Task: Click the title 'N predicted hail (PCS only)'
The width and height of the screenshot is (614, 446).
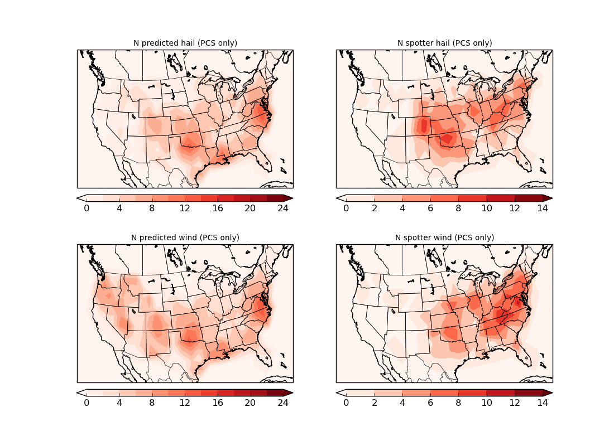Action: click(x=185, y=43)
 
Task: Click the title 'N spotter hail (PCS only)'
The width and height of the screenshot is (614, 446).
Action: click(x=444, y=43)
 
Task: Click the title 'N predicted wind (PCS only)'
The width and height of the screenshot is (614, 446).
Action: click(x=185, y=237)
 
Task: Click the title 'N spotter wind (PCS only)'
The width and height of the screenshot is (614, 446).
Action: click(x=444, y=237)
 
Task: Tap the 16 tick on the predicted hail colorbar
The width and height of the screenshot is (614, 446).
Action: click(x=218, y=208)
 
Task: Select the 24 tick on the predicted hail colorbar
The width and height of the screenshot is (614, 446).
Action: click(x=283, y=208)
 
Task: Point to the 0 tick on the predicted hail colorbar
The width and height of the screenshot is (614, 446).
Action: click(x=87, y=208)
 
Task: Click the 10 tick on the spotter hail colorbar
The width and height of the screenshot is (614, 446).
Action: click(x=486, y=208)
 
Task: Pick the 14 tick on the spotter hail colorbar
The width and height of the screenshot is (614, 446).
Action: click(x=543, y=208)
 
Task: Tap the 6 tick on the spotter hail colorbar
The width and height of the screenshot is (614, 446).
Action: click(x=430, y=208)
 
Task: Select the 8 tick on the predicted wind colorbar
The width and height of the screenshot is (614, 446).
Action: click(x=152, y=403)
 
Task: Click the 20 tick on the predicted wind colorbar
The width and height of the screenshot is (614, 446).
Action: click(x=250, y=403)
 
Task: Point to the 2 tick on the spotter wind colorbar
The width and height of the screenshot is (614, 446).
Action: click(x=374, y=403)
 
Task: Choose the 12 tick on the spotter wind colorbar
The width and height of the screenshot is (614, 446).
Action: click(x=515, y=403)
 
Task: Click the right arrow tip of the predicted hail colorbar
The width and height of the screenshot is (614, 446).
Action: click(x=292, y=198)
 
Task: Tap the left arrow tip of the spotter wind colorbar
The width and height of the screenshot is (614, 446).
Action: click(x=337, y=392)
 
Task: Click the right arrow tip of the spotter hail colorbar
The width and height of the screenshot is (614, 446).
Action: click(x=551, y=198)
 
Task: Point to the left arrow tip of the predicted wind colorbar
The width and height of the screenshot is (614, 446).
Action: click(x=78, y=392)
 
